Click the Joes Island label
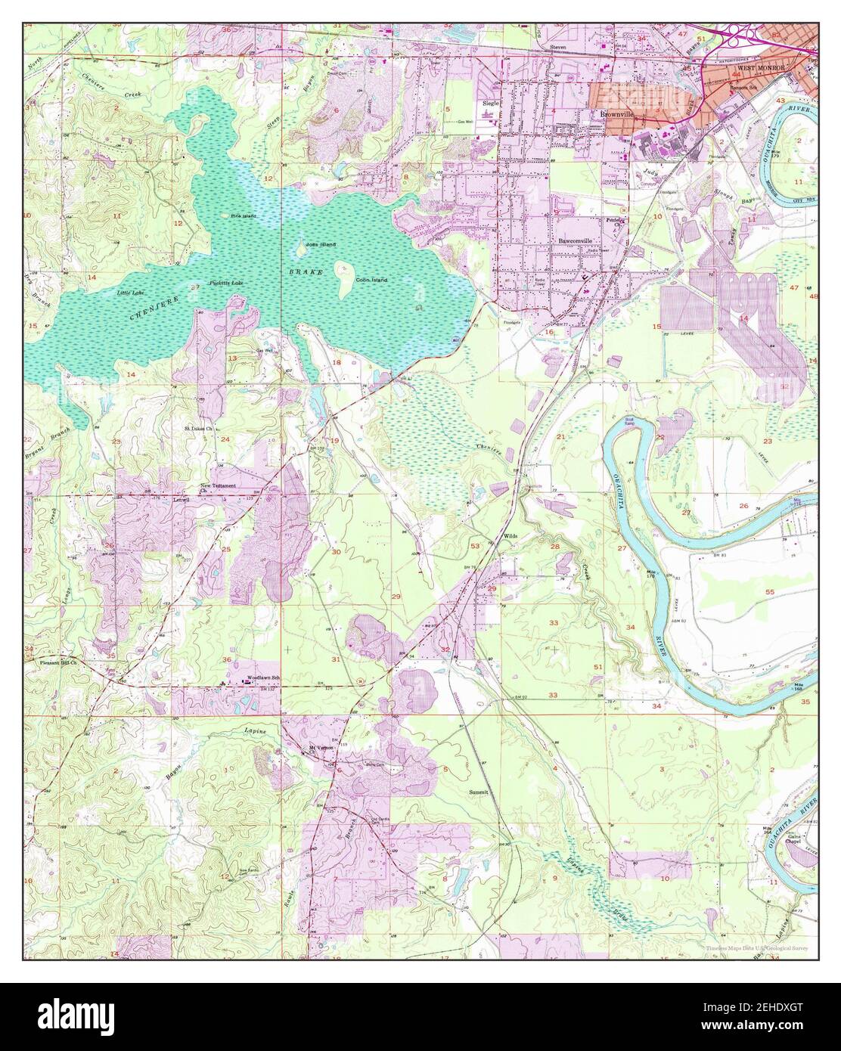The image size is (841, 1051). (x=320, y=245)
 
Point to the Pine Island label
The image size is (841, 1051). (x=244, y=216)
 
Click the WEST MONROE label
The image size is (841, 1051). (x=756, y=67)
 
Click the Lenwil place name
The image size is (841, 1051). (x=180, y=499)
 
